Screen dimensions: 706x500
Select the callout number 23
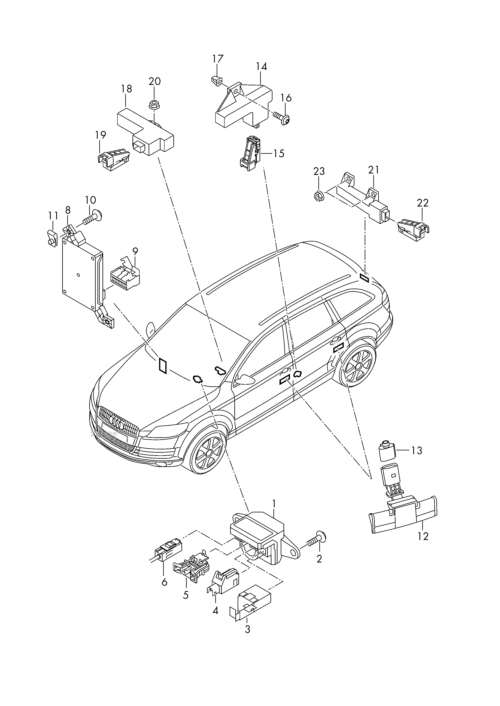pos(319,171)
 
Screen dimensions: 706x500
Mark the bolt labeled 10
pos(93,219)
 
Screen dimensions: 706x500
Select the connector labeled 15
pos(250,154)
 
